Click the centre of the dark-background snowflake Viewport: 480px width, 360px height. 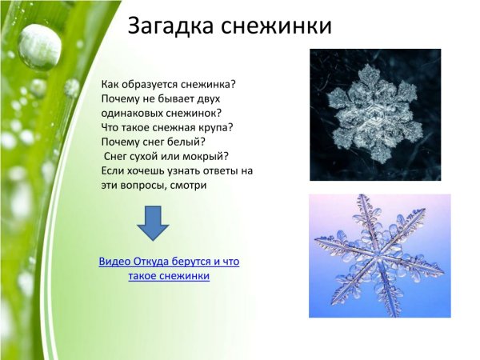pos(375,114)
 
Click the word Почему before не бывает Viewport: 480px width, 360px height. pos(121,98)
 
